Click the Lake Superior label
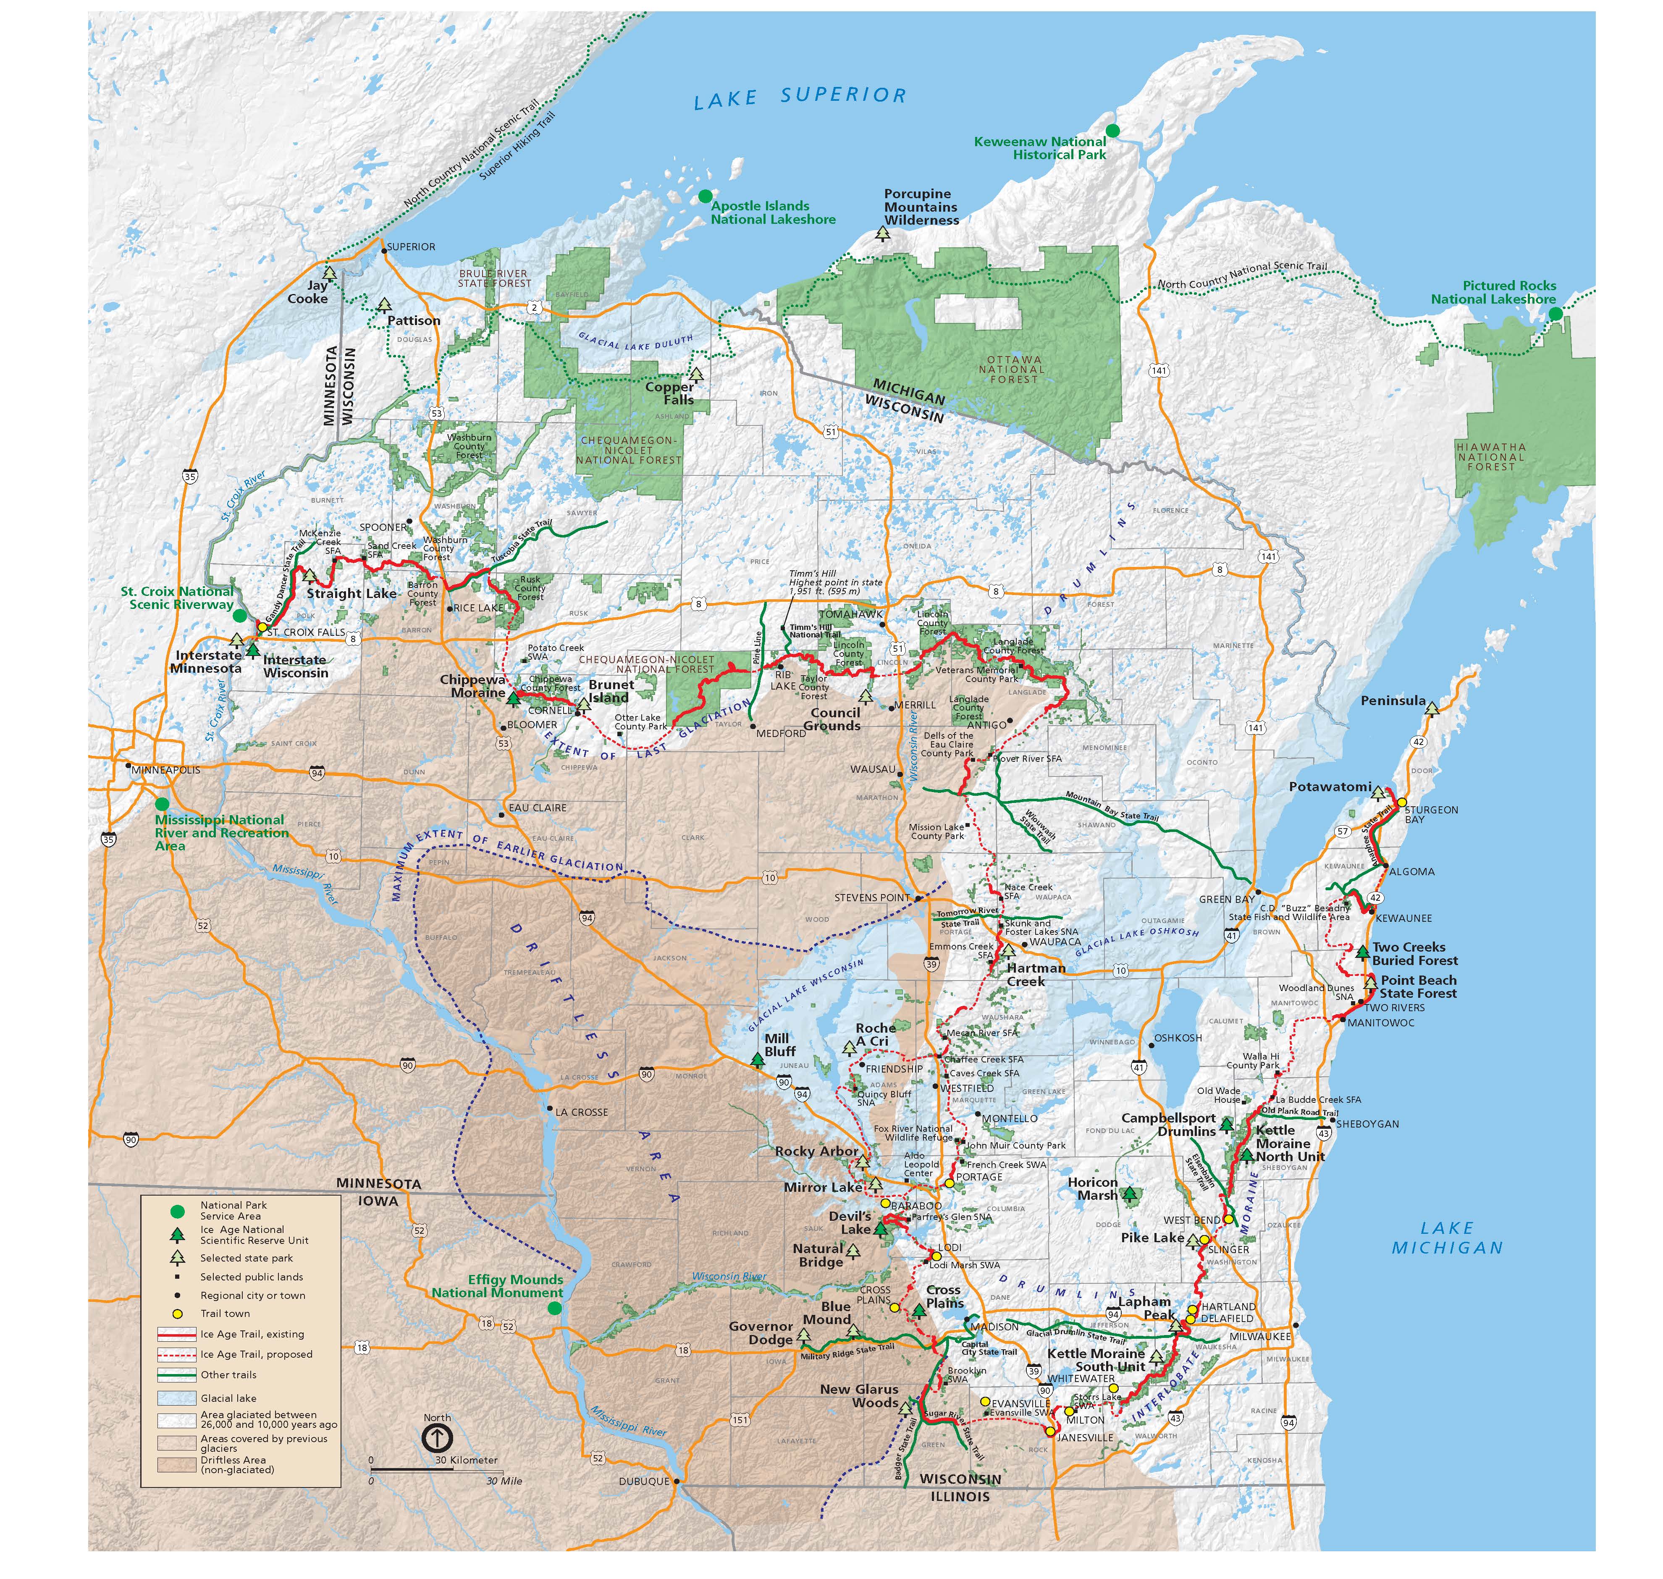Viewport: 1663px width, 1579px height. (x=800, y=97)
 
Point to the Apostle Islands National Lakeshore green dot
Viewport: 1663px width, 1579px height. (x=704, y=196)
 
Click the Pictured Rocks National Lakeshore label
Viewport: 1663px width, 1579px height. (x=1493, y=292)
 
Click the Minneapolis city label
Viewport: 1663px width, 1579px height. (x=166, y=769)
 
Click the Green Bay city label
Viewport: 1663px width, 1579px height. (x=1226, y=899)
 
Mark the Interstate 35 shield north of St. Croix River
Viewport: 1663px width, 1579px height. (x=190, y=476)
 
